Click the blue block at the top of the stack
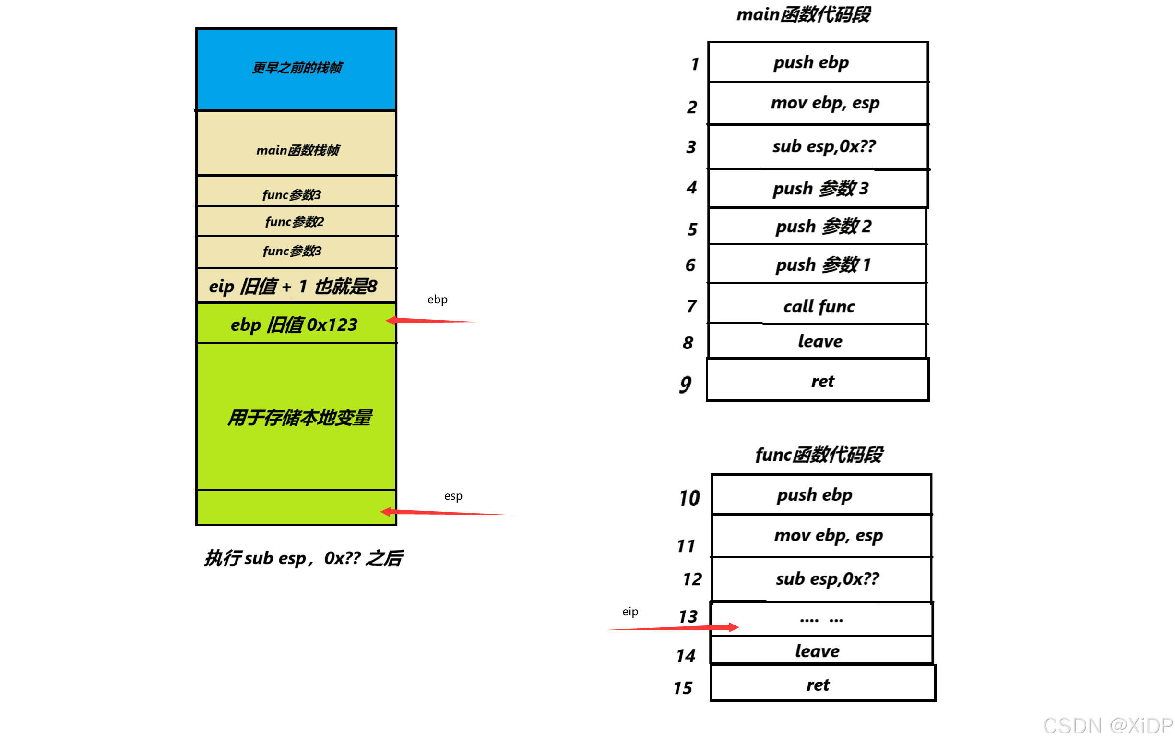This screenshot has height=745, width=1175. [x=296, y=69]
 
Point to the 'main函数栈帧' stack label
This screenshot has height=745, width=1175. [x=297, y=150]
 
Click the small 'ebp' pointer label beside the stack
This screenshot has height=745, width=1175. [x=437, y=300]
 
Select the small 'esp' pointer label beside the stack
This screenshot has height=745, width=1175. [x=453, y=496]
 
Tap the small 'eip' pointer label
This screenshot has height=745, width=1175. [x=630, y=612]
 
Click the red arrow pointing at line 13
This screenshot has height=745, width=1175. [x=673, y=628]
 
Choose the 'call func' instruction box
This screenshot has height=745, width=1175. [x=819, y=307]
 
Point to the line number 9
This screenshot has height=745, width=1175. [x=686, y=384]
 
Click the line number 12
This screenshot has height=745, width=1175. [x=692, y=579]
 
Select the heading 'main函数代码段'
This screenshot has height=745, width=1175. [x=803, y=15]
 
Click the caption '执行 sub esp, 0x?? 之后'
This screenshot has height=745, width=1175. [x=304, y=558]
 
